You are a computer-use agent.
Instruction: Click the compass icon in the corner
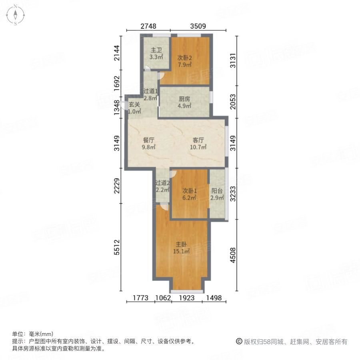pyautogui.click(x=15, y=15)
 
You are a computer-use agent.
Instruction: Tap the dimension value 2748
pyautogui.click(x=148, y=26)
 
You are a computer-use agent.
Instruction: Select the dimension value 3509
pyautogui.click(x=198, y=26)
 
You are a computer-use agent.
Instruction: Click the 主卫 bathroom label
pyautogui.click(x=156, y=50)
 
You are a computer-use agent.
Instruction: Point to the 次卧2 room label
pyautogui.click(x=184, y=56)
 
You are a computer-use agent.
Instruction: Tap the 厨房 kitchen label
pyautogui.click(x=184, y=100)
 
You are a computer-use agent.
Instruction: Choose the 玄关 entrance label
pyautogui.click(x=134, y=105)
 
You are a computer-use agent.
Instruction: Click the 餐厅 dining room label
pyautogui.click(x=149, y=140)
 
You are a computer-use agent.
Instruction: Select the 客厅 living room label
pyautogui.click(x=198, y=140)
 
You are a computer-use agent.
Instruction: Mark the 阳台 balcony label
pyautogui.click(x=217, y=191)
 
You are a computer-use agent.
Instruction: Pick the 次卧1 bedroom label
pyautogui.click(x=189, y=191)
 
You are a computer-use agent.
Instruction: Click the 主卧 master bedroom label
pyautogui.click(x=181, y=245)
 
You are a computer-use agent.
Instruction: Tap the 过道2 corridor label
pyautogui.click(x=163, y=183)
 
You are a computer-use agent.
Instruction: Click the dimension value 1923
pyautogui.click(x=187, y=298)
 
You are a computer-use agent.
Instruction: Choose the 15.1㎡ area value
pyautogui.click(x=181, y=252)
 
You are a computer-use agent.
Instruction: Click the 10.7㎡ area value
pyautogui.click(x=198, y=147)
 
